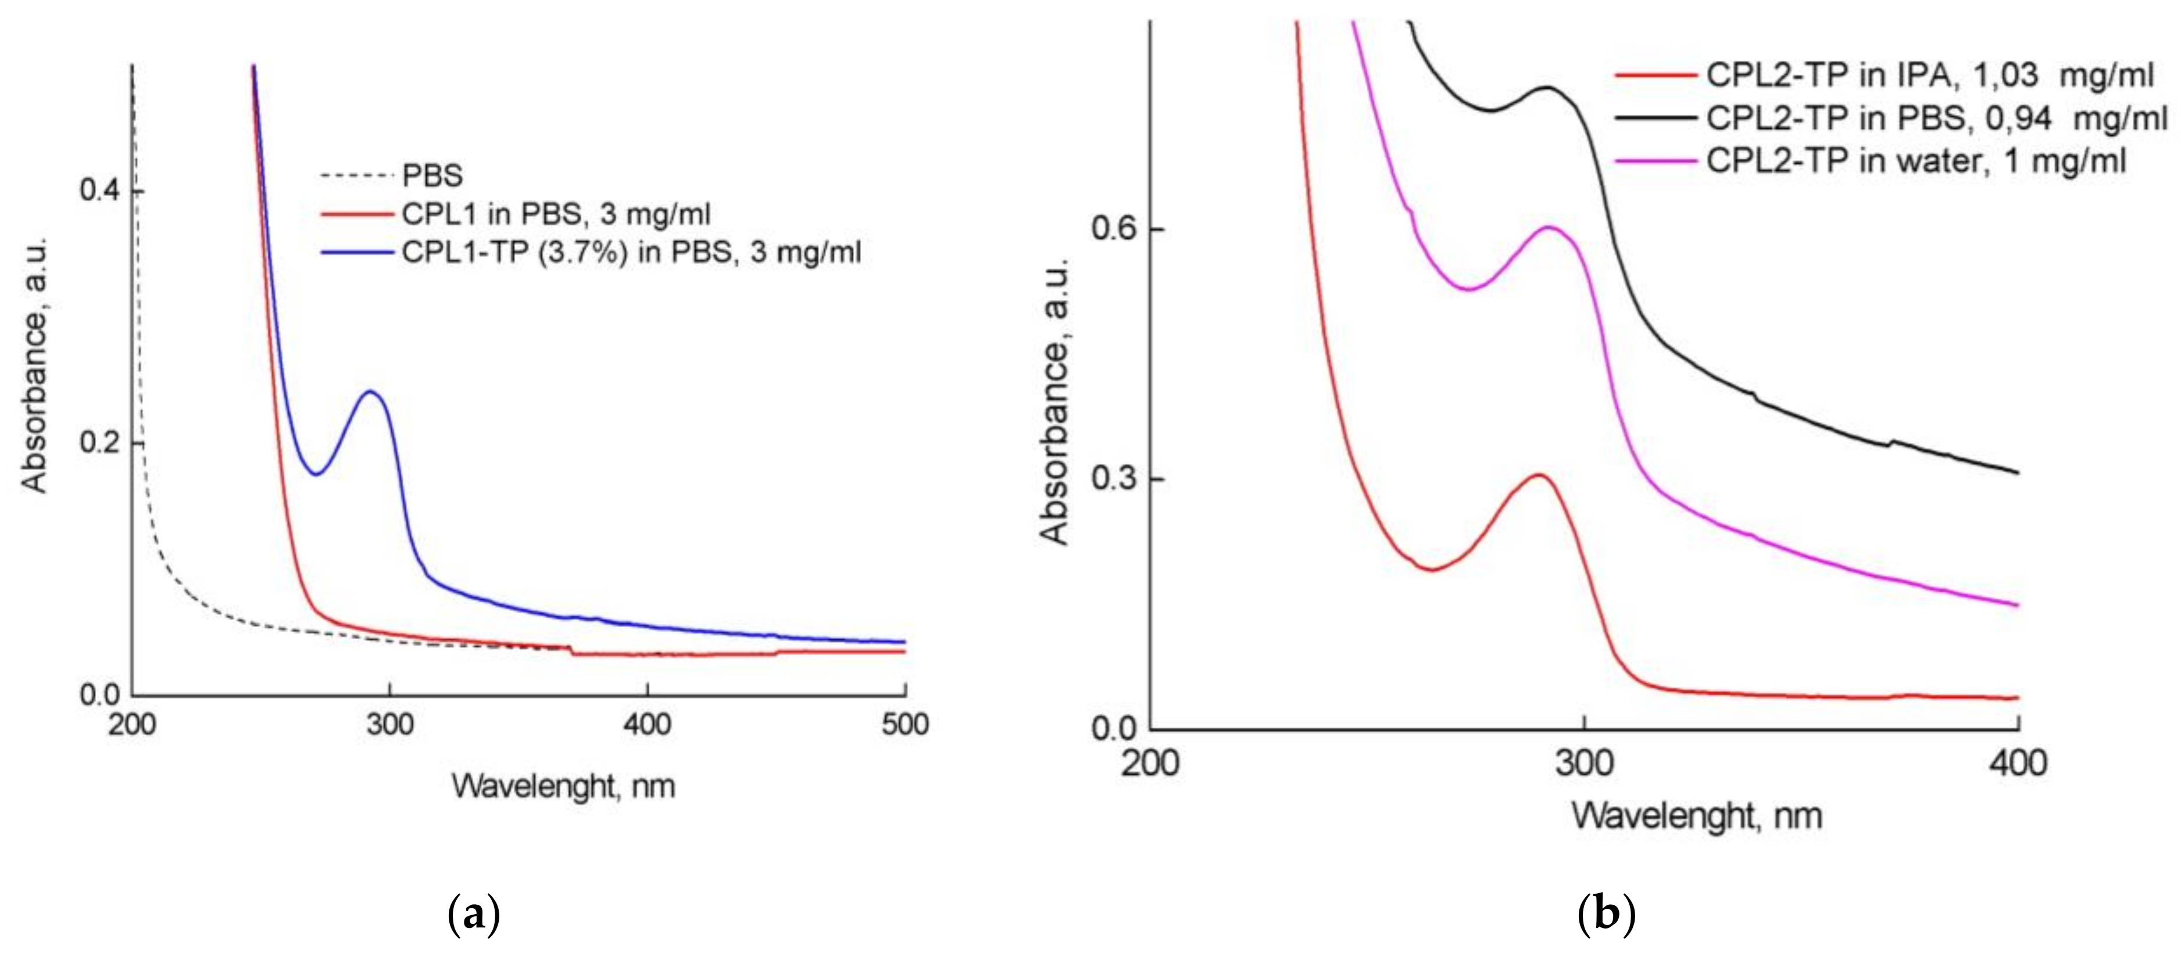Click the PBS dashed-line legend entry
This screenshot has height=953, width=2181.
(392, 175)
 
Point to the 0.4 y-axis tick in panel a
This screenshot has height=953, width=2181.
(100, 191)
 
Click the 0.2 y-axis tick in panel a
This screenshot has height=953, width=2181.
(100, 443)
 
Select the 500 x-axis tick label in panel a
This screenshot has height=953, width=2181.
(905, 725)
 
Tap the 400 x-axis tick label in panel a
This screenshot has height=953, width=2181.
(647, 725)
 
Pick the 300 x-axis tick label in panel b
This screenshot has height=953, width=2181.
(1584, 764)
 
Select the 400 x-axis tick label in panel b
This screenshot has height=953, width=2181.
(2018, 764)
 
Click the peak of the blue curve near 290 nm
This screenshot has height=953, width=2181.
(370, 392)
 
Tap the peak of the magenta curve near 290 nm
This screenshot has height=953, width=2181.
(1549, 227)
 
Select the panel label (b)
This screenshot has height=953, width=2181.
(1606, 915)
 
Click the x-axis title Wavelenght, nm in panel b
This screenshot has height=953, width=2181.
(1697, 816)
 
